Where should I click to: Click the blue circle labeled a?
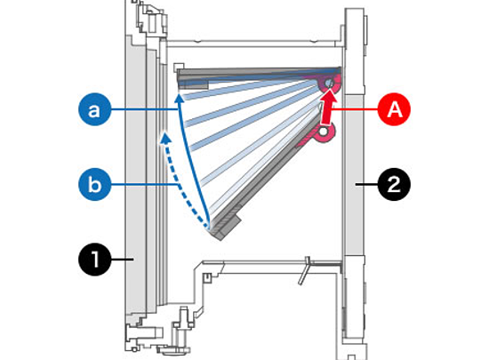[94, 109]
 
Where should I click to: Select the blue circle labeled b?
[94, 184]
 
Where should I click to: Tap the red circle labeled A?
[394, 109]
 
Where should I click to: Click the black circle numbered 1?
[94, 259]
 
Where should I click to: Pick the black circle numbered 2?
[394, 184]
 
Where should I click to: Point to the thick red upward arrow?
[327, 109]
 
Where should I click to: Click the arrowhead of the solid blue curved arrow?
[179, 98]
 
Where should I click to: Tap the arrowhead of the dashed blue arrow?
[165, 139]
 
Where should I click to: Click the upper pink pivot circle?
[329, 84]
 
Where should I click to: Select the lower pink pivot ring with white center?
[324, 132]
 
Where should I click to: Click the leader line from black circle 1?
[123, 259]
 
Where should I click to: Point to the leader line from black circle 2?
[366, 184]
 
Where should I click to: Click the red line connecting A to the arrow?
[355, 109]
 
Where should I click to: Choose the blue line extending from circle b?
[144, 185]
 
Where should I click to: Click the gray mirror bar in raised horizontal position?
[259, 74]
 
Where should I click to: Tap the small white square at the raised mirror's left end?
[178, 68]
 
